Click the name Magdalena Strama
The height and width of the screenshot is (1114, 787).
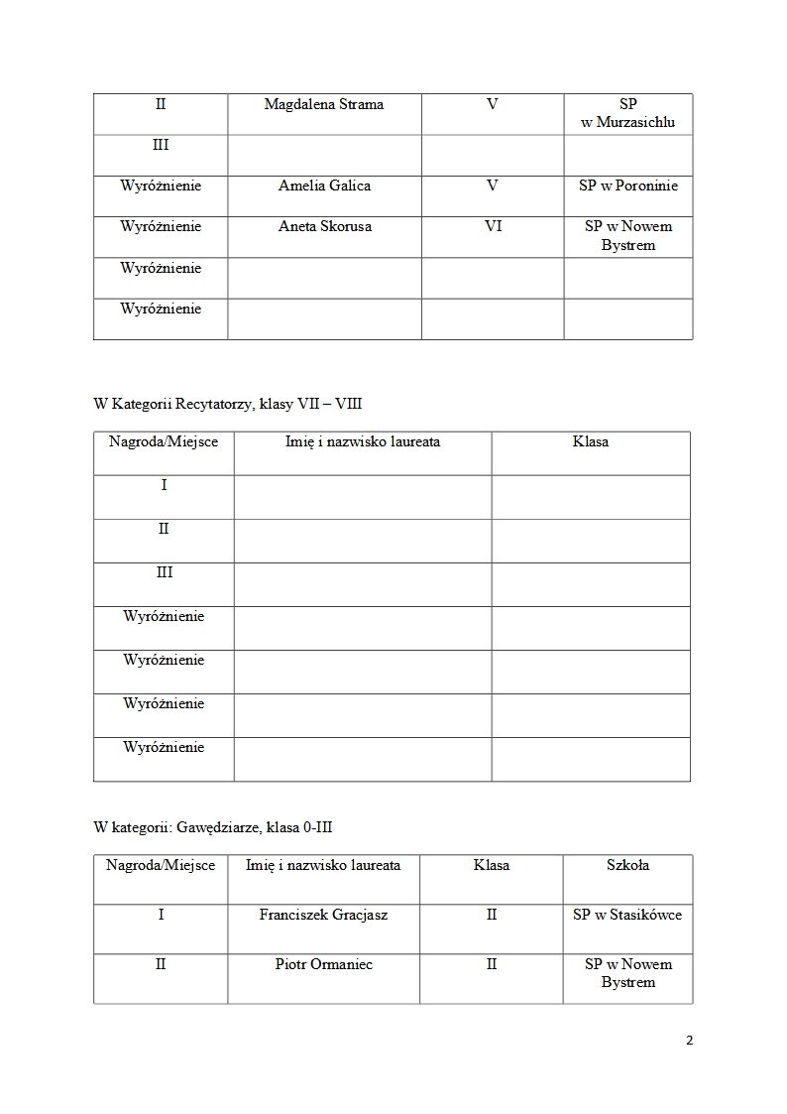point(324,104)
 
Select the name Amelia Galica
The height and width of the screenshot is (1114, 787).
point(324,186)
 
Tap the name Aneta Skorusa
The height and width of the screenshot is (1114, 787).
point(324,226)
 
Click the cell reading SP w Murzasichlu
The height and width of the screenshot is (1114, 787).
point(627,113)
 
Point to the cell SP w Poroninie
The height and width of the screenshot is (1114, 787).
point(628,186)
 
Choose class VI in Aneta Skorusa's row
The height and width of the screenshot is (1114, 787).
point(493,226)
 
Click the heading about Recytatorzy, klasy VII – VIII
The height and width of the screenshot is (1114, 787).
point(234,404)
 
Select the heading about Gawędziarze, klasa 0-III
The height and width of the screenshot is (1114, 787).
point(219,826)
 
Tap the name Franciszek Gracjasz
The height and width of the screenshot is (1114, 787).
point(323,915)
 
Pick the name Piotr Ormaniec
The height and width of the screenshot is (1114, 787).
point(323,964)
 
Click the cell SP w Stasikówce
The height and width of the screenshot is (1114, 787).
point(627,915)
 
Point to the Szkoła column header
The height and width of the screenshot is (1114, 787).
point(627,865)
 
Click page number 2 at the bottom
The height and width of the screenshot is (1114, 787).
point(689,1041)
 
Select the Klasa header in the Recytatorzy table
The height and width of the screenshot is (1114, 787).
point(591,441)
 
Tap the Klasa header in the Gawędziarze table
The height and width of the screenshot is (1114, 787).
point(492,865)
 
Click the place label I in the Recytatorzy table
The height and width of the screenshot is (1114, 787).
point(164,485)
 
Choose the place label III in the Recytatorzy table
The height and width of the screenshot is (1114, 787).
point(164,572)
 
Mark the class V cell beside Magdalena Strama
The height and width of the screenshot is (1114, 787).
point(493,104)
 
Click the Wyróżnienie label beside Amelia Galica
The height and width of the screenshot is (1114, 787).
point(161,186)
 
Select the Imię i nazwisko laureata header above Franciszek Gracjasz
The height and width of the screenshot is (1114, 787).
point(323,865)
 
